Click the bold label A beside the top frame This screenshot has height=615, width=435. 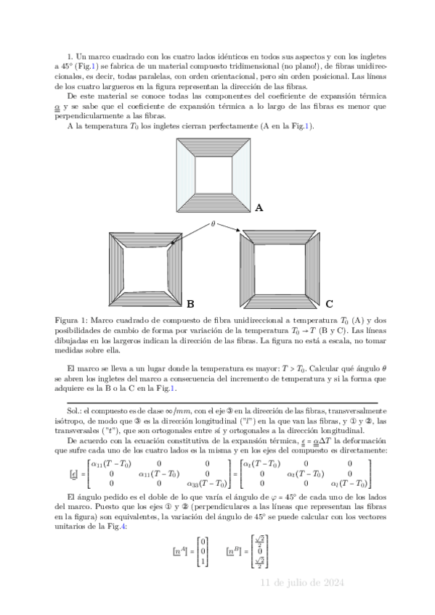pos(259,208)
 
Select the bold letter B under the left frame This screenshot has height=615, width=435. pos(190,304)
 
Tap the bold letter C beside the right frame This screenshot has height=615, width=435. pos(329,304)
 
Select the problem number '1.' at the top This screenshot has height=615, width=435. pos(70,56)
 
